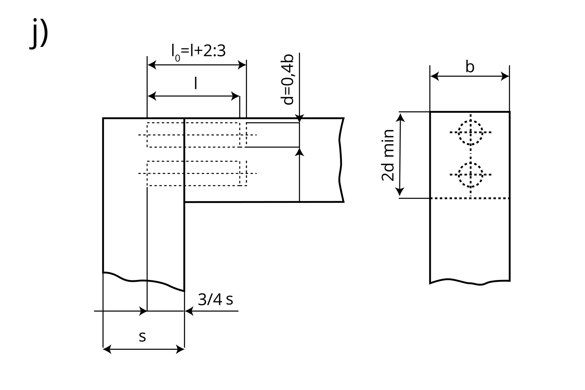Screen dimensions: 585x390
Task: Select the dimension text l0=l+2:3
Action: point(199,51)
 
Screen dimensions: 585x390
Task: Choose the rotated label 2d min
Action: point(388,155)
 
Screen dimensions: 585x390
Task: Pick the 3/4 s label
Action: point(215,300)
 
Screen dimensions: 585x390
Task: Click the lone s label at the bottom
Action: point(142,337)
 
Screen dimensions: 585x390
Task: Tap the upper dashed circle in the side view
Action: point(471,121)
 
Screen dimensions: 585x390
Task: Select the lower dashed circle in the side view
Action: point(471,163)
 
